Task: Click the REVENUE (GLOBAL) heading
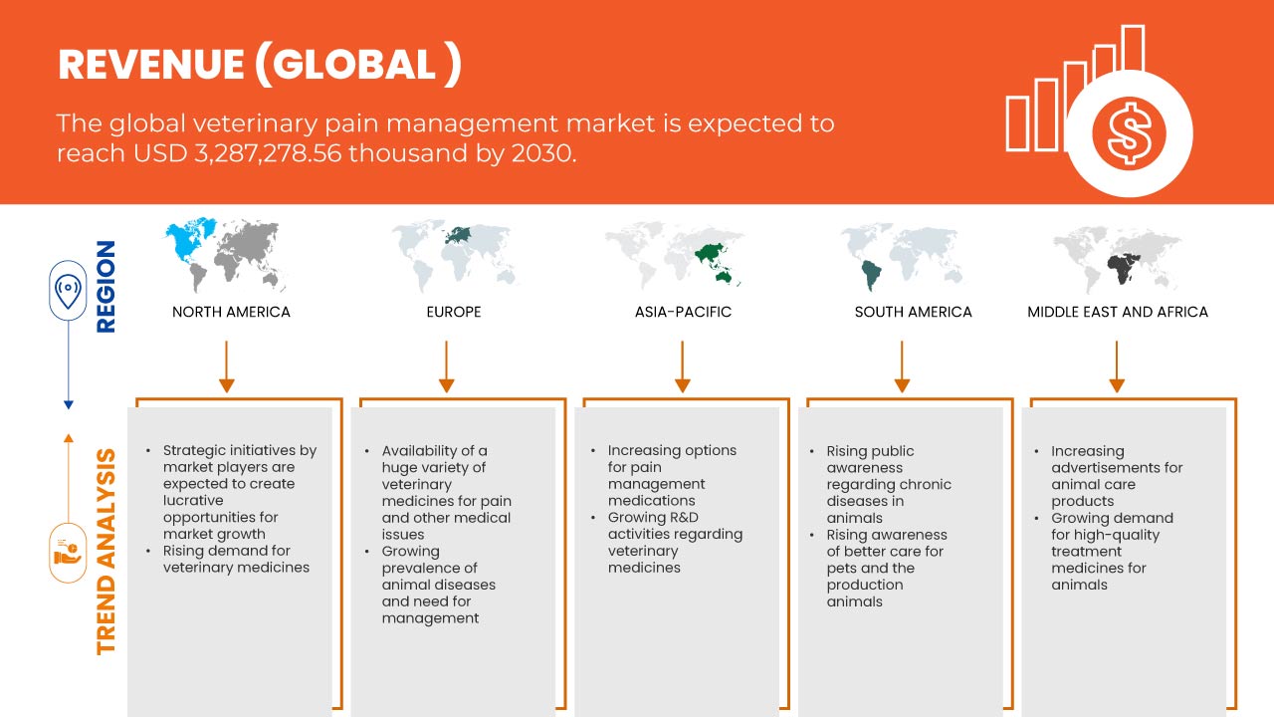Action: [260, 65]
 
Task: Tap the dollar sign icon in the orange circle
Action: [1129, 133]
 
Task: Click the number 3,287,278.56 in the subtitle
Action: [268, 153]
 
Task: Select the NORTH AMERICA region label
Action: [231, 312]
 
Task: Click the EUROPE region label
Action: [454, 312]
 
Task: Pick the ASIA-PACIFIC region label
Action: [683, 312]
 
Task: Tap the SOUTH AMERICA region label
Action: [914, 312]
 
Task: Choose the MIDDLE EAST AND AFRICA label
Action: [1118, 312]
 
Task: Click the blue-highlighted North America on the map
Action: [190, 239]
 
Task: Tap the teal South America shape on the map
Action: [871, 275]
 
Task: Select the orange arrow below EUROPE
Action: [447, 366]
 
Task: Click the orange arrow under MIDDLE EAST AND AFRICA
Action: [1117, 366]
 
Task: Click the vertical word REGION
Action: [106, 286]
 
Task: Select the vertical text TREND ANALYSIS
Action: [106, 552]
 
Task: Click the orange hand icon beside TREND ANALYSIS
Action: [67, 553]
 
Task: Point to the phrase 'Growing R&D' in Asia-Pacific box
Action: [653, 517]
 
